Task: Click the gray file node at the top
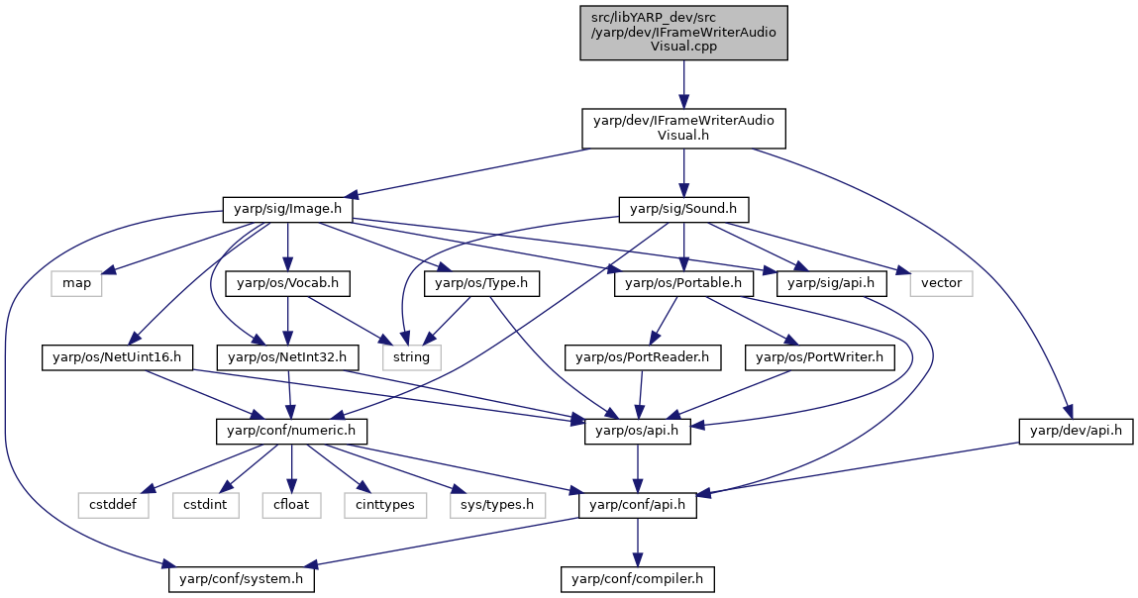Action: (683, 33)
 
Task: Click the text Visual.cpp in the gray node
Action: (683, 47)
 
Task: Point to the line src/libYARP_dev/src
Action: (654, 18)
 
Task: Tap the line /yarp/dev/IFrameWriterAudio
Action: (683, 32)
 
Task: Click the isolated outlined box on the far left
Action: (76, 283)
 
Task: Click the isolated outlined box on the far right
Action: (941, 283)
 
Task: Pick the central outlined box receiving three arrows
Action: (411, 357)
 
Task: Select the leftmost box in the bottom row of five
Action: (113, 505)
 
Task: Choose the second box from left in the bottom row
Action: (206, 505)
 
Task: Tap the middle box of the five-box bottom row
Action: (291, 505)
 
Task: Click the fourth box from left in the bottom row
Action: (385, 505)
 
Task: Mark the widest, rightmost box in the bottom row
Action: (497, 505)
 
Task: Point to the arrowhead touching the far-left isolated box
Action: (109, 270)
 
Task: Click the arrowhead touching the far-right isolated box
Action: (901, 270)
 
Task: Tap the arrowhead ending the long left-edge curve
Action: (168, 564)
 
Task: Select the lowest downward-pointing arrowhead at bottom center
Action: (637, 561)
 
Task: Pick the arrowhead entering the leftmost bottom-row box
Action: (149, 489)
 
